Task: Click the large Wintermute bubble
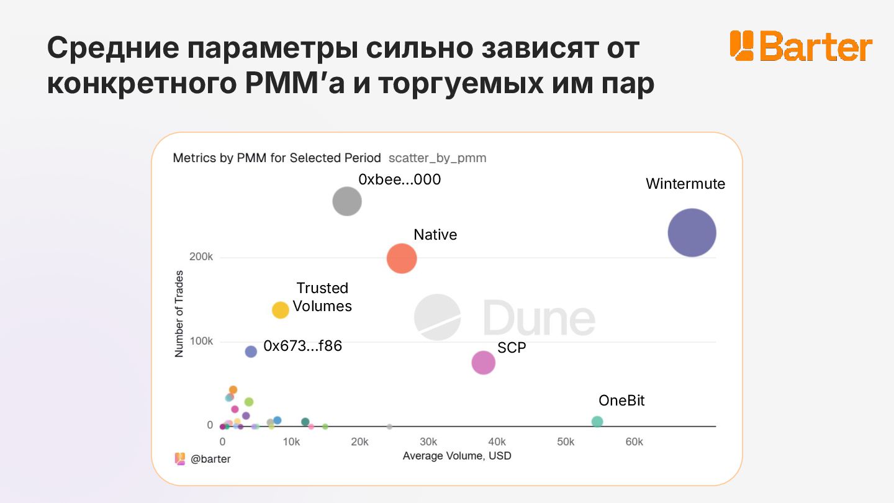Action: [692, 233]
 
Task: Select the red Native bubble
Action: [402, 258]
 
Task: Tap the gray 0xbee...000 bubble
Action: [347, 201]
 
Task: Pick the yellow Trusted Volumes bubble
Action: [281, 310]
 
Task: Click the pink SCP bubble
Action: [484, 363]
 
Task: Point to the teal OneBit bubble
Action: [597, 422]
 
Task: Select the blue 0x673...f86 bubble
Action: [251, 351]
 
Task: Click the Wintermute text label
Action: [685, 184]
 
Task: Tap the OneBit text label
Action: [621, 401]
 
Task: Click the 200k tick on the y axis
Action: [201, 257]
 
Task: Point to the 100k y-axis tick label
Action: [201, 342]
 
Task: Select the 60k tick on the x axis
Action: [634, 442]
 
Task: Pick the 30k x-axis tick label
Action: [428, 442]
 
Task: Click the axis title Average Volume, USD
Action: [456, 456]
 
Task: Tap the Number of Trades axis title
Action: [179, 313]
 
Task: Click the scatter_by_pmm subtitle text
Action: [437, 158]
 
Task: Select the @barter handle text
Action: [210, 459]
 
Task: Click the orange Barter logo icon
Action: [741, 45]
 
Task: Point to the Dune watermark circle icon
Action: [438, 317]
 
